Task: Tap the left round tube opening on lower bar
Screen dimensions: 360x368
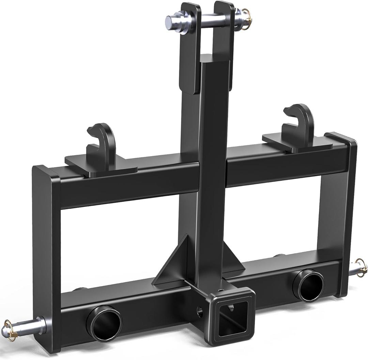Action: [104, 324]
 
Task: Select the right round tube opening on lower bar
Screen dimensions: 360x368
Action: [309, 285]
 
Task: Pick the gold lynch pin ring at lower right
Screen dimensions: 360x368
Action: [362, 265]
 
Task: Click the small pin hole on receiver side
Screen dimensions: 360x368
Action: [200, 311]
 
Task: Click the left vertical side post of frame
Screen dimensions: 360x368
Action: [46, 259]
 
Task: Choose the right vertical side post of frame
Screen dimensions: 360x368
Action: [344, 211]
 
